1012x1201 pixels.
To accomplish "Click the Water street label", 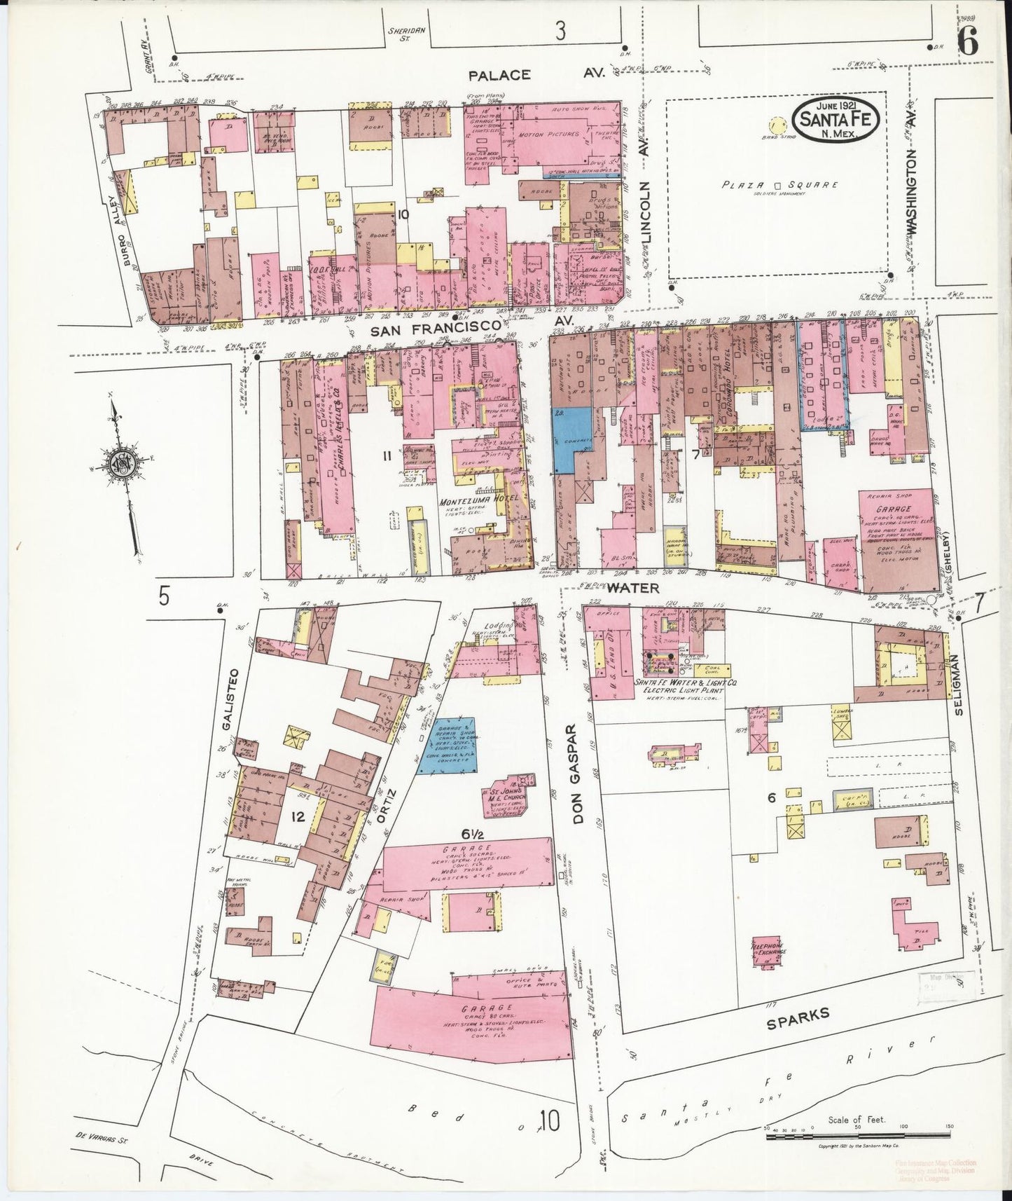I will pos(633,588).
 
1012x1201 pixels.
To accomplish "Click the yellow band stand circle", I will pos(775,126).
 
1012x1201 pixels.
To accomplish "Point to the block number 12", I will pos(298,816).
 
